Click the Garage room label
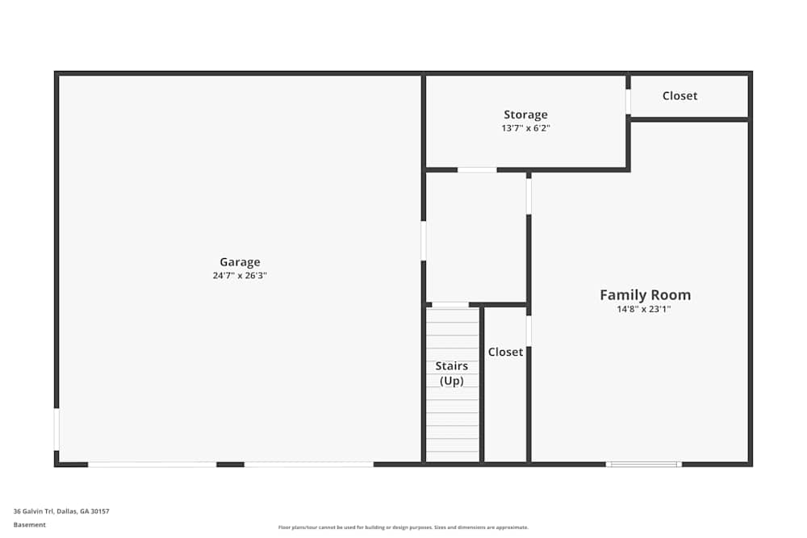240,262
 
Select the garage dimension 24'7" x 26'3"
240,276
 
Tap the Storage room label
525,115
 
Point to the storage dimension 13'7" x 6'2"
525,128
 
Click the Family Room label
645,294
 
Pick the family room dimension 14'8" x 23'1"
645,309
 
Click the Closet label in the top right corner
679,95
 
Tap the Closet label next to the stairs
505,352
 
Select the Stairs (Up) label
452,373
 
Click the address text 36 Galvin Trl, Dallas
61,511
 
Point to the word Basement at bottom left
30,525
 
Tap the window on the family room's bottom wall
644,464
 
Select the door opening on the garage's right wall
424,241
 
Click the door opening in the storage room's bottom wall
477,169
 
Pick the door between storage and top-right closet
628,102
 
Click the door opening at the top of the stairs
450,304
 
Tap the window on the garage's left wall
56,429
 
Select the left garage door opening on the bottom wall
152,464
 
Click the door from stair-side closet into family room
529,331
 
